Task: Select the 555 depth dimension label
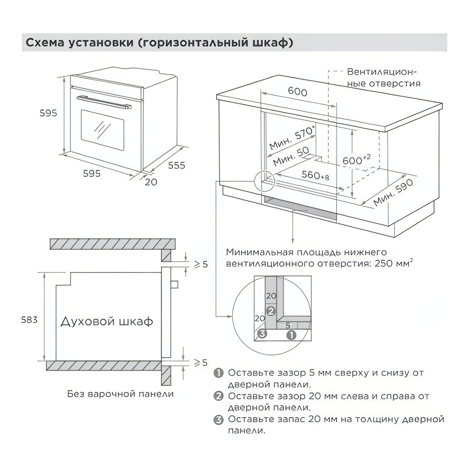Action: tap(176, 165)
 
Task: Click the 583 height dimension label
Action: tap(30, 320)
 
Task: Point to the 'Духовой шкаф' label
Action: tap(106, 321)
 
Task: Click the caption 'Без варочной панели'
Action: tap(120, 394)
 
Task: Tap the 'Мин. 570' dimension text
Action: tap(290, 139)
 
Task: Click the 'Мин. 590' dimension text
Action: tap(393, 193)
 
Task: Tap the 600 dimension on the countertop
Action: tap(297, 92)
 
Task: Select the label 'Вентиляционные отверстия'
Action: tap(383, 78)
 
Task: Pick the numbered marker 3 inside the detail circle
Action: tap(262, 334)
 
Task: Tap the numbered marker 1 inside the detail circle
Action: tap(292, 335)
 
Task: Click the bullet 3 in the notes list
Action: tap(219, 420)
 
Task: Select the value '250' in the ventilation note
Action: tap(386, 264)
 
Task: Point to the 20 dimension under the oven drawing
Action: tap(151, 181)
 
